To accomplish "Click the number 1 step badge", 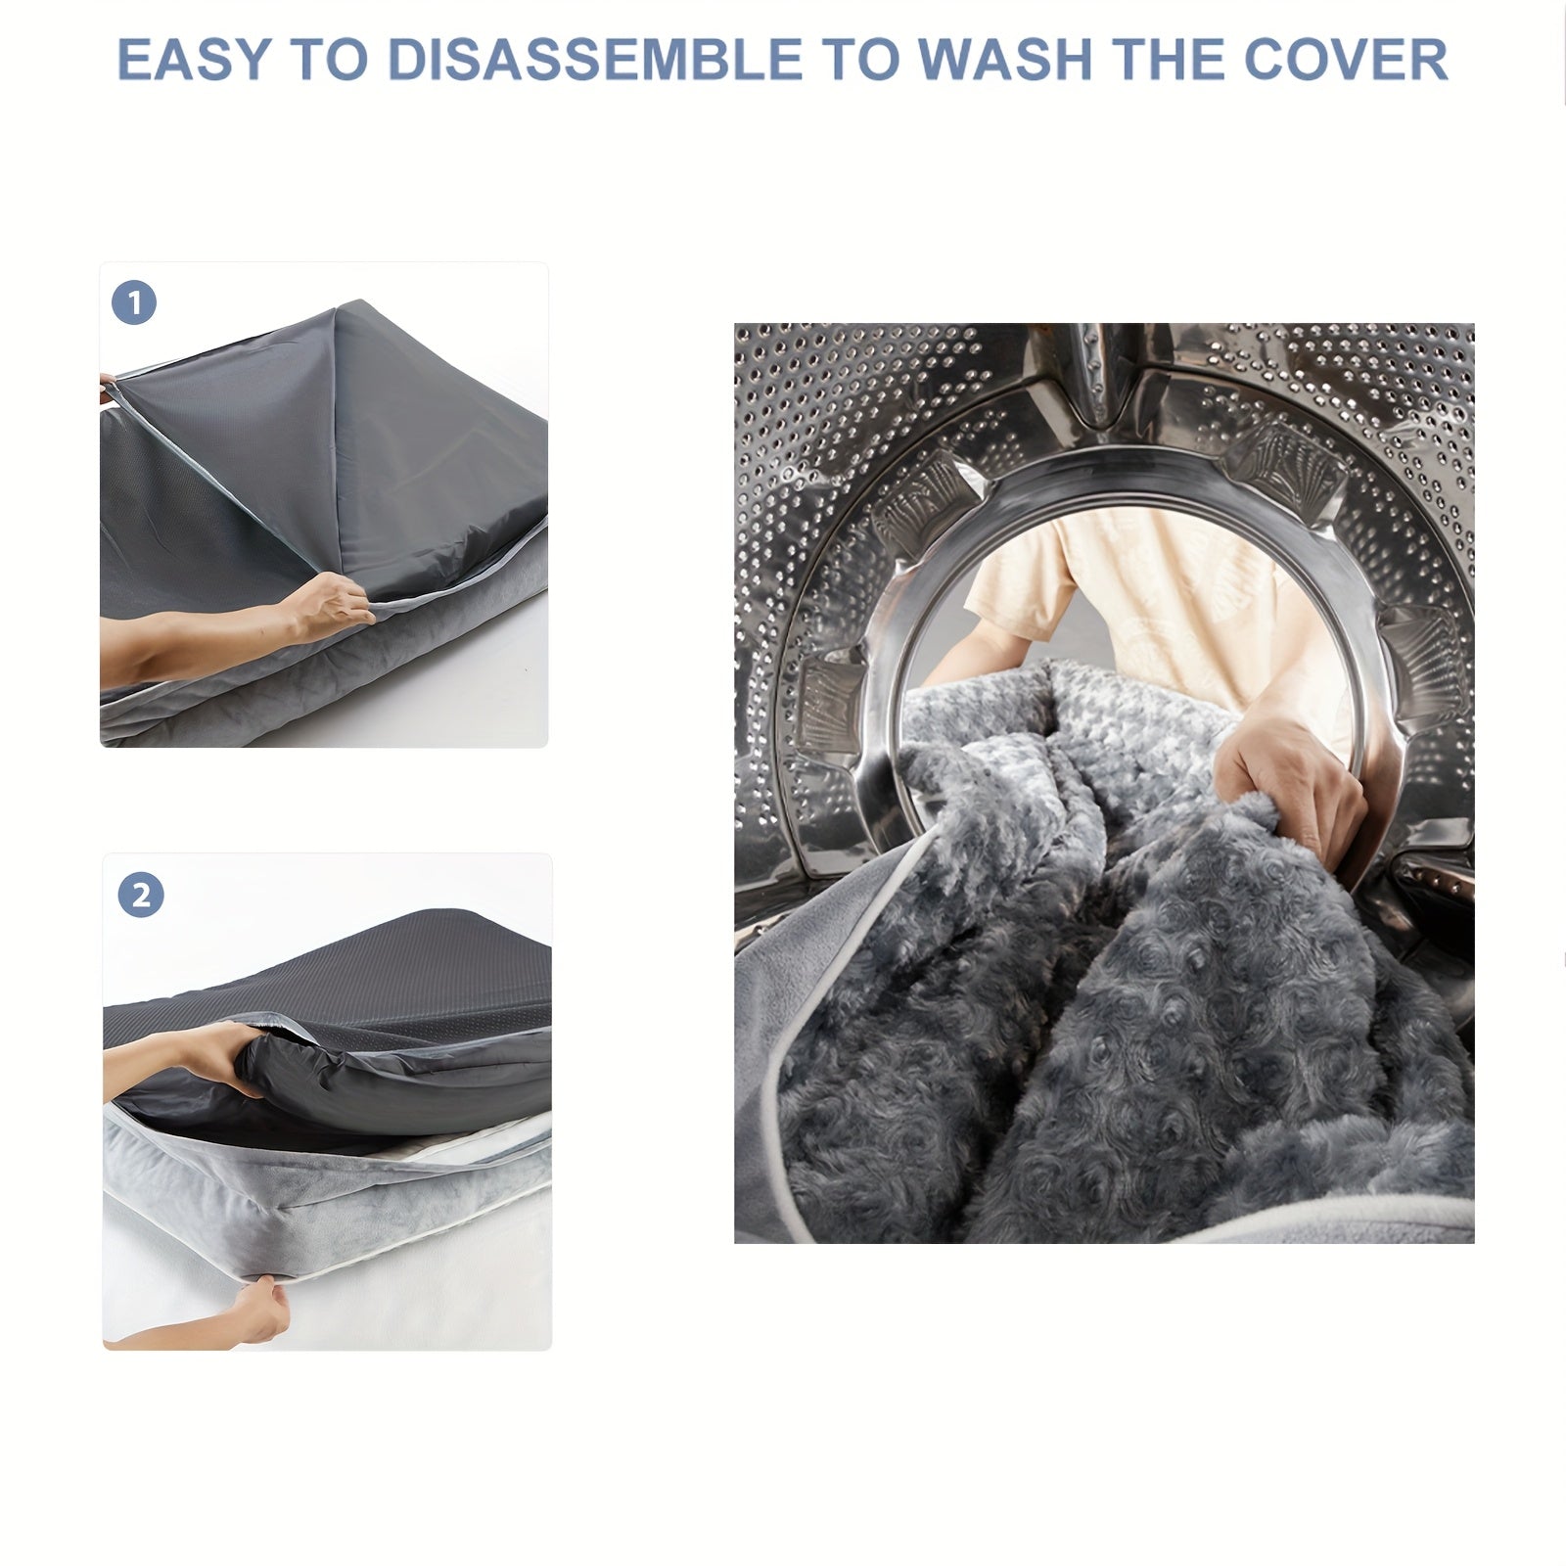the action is pyautogui.click(x=135, y=303).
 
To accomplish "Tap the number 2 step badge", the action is pyautogui.click(x=141, y=895).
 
